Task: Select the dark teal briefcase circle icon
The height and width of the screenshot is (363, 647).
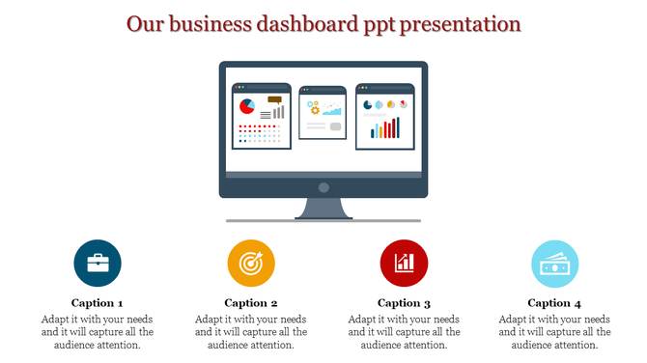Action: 98,263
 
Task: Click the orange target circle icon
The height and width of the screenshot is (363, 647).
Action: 251,263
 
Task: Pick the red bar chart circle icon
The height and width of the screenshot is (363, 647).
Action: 405,263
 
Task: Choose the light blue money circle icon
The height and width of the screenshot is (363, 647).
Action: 555,263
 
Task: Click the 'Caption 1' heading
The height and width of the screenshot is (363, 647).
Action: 98,302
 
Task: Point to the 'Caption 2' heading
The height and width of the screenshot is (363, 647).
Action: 251,302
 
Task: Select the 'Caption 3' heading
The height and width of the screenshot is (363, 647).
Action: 405,302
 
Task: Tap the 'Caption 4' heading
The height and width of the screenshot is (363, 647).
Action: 555,302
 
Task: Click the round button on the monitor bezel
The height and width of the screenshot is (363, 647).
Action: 323,187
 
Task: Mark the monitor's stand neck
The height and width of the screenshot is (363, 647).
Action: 323,207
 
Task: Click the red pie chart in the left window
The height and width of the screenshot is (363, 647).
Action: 247,105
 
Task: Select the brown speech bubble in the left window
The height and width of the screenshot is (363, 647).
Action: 275,98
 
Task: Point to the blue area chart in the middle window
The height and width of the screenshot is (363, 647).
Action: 333,109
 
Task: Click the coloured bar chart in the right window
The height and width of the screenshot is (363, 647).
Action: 384,128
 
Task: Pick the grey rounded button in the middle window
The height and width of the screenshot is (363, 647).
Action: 335,126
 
